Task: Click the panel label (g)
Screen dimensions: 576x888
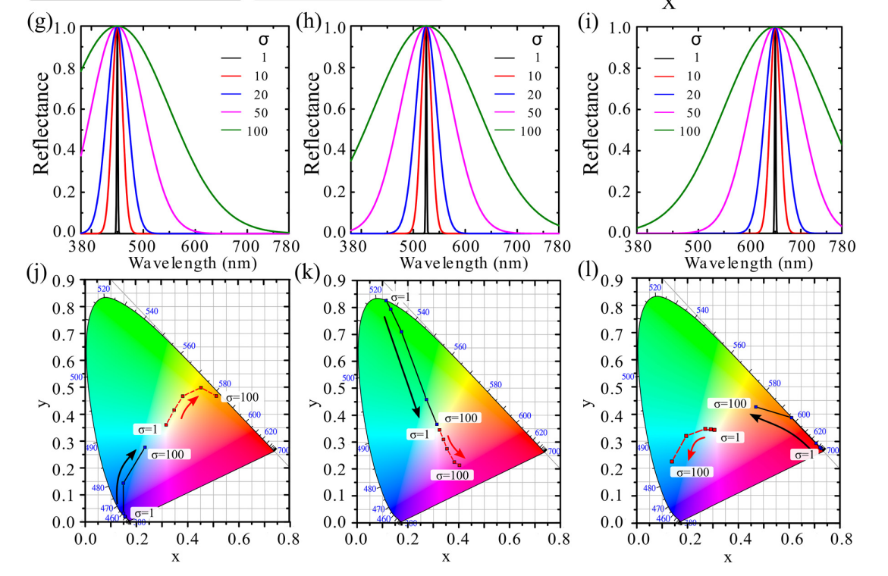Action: point(39,21)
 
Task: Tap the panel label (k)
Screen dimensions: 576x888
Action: point(309,272)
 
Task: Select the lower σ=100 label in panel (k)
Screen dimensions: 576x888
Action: point(451,474)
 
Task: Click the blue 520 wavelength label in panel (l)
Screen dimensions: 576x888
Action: point(655,288)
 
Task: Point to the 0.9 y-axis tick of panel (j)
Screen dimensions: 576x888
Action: point(68,281)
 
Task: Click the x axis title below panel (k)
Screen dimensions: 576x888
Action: point(446,558)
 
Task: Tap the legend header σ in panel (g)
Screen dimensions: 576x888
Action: point(260,38)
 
